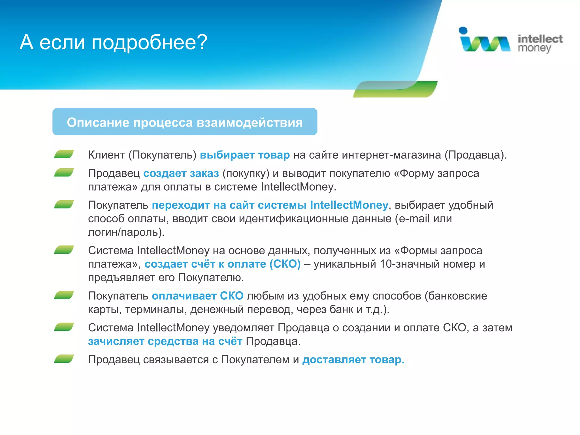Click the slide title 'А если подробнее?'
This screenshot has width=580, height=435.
pos(113,42)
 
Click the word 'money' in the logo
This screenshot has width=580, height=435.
pos(534,48)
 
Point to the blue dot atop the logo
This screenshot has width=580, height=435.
pos(463,30)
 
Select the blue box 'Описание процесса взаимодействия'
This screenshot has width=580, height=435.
pos(185,122)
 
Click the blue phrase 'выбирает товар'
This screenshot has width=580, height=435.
pos(245,155)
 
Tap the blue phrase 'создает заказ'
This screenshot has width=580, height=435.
pos(181,173)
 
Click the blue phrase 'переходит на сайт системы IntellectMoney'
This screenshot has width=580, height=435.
pos(270,205)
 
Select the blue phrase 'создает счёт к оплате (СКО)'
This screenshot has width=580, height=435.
pos(223,264)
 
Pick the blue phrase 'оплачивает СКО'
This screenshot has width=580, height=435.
pos(197,296)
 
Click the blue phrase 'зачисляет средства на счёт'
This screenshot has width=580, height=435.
pos(165,341)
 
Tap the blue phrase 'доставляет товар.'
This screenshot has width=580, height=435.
pos(353,360)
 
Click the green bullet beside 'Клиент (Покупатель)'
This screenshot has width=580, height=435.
pos(64,154)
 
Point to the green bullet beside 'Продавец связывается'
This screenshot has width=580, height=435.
pos(64,359)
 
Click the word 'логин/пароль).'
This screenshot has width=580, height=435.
pos(126,232)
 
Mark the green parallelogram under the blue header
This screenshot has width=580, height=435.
pos(395,89)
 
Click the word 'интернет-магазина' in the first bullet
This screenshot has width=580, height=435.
pos(391,155)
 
